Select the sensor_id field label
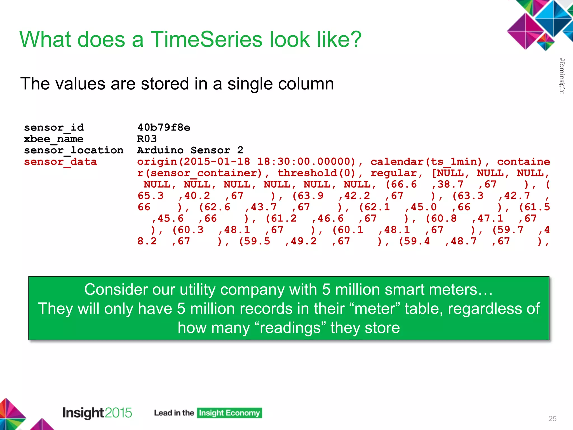tap(54, 128)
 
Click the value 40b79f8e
tap(164, 128)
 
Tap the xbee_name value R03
tap(147, 139)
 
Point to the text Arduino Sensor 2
tap(190, 150)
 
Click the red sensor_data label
tap(60, 162)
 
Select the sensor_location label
tap(74, 150)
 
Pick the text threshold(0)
tap(316, 173)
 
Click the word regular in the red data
tap(393, 173)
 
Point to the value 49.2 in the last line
tap(304, 241)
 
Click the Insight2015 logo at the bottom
tap(97, 413)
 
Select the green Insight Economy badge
tap(229, 413)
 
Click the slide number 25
tap(552, 419)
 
